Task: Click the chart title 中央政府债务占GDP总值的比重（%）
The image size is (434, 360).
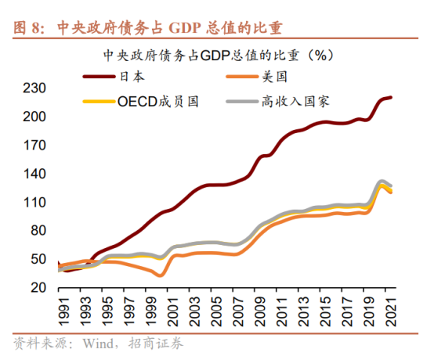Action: (219, 56)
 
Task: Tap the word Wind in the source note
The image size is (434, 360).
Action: (97, 344)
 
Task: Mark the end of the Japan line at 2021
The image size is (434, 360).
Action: (391, 98)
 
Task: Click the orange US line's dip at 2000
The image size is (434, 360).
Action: (160, 275)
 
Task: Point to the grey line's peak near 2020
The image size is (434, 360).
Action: (382, 182)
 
